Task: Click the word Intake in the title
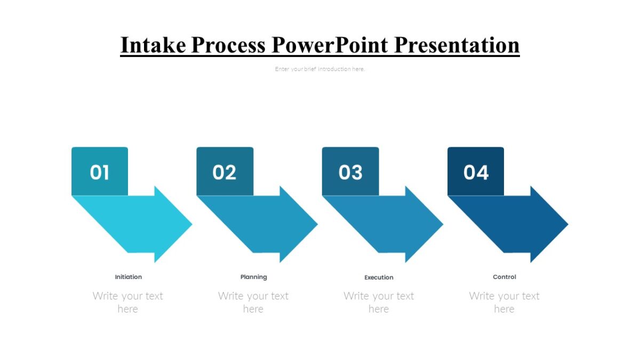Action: (153, 45)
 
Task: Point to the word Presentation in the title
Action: (457, 45)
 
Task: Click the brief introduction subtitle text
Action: (320, 69)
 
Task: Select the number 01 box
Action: (100, 172)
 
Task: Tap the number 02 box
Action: (225, 172)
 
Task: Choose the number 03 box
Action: (350, 172)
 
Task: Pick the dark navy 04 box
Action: (476, 172)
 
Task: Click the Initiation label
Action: (129, 277)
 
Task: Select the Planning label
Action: (254, 277)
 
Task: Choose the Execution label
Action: (379, 277)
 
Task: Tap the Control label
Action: (505, 277)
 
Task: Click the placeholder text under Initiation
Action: (128, 302)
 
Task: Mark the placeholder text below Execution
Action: (379, 302)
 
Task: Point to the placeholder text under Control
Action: (504, 302)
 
